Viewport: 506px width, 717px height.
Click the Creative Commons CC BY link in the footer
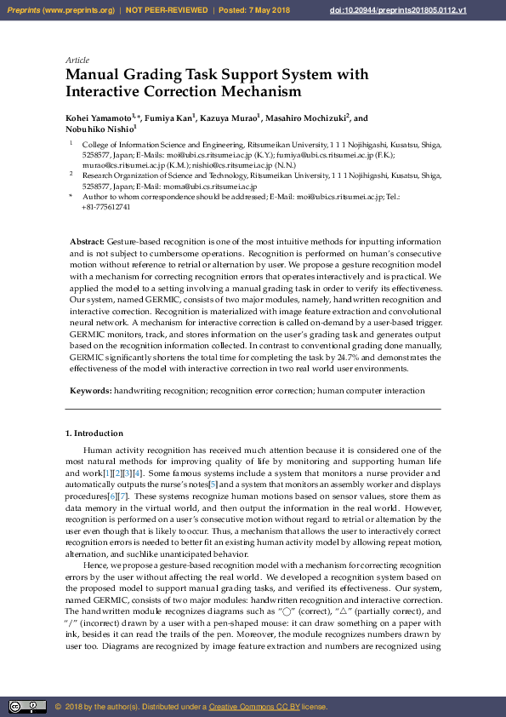pos(253,707)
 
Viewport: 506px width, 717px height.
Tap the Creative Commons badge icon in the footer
pos(26,707)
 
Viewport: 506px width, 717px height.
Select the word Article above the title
pos(77,60)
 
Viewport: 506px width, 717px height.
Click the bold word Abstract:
pos(88,243)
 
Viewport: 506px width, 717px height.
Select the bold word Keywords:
pos(90,390)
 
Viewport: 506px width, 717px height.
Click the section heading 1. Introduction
pos(94,433)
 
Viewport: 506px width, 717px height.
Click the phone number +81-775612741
pos(106,207)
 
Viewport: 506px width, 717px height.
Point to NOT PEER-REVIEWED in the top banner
pos(167,10)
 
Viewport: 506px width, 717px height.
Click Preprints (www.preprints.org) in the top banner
pos(60,10)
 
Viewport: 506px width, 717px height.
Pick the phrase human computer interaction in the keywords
pos(371,390)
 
